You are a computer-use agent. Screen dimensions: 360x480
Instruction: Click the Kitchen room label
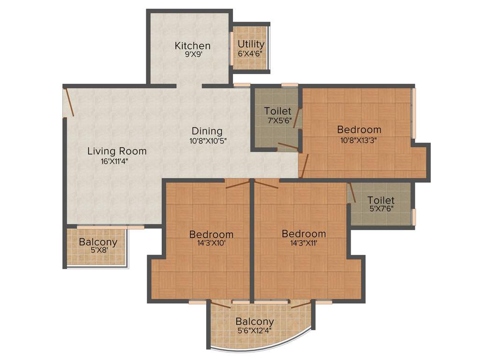point(192,45)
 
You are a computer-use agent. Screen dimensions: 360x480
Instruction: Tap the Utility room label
point(251,44)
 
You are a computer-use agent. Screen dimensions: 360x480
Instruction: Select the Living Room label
point(117,151)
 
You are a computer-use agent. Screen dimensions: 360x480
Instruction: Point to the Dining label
point(207,131)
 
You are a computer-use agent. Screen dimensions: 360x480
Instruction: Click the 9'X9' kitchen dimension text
point(192,54)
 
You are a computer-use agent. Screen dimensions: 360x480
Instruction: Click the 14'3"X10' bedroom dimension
point(211,243)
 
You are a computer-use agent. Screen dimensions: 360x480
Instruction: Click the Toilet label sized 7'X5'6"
point(277,111)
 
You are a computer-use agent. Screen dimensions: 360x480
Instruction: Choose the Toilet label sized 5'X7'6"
point(381,200)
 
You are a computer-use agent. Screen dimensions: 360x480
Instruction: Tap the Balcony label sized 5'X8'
point(97,242)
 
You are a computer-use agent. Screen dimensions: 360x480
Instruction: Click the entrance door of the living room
point(69,101)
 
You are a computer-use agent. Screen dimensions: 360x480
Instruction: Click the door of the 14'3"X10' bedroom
point(237,184)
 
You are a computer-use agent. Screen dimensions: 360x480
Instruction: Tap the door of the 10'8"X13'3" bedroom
point(304,166)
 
